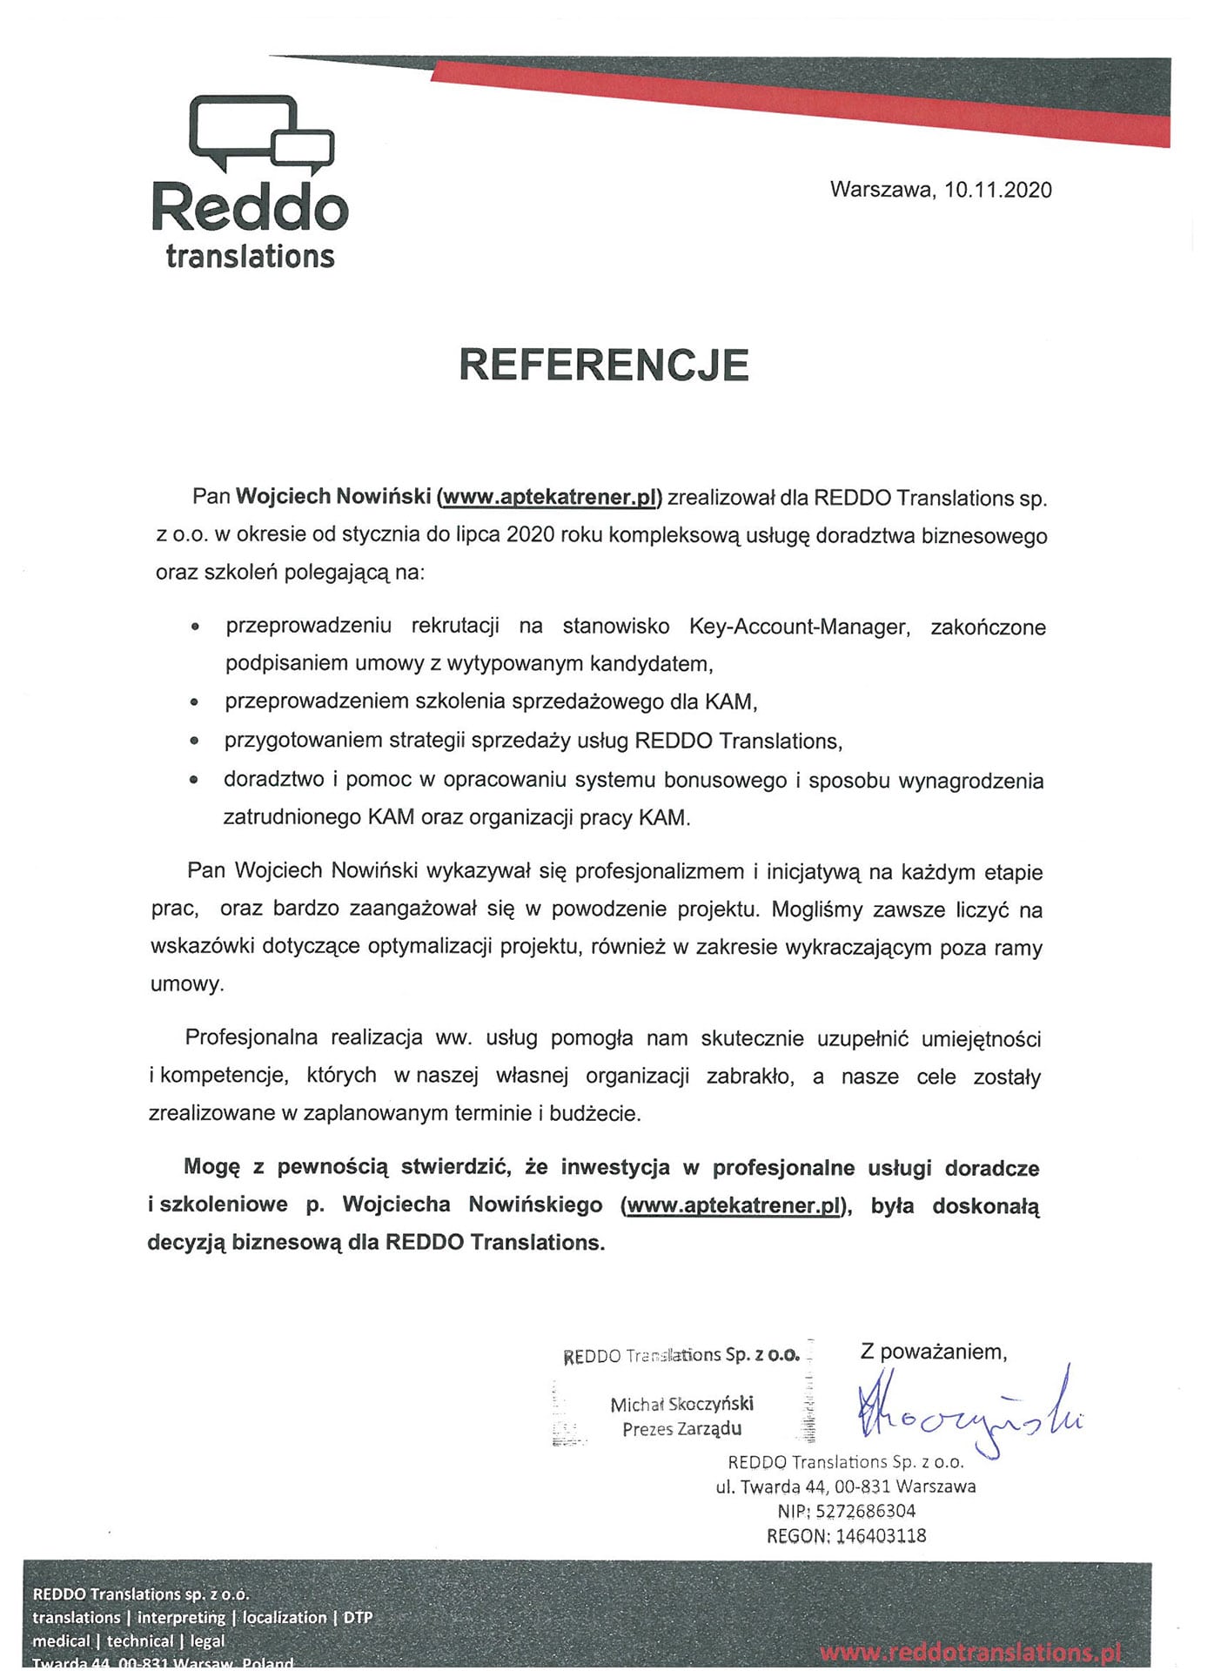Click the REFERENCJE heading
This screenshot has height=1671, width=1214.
tap(604, 365)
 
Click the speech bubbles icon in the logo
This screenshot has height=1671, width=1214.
tap(261, 133)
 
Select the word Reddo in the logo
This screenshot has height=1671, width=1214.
tap(251, 208)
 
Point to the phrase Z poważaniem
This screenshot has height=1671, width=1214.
tap(933, 1351)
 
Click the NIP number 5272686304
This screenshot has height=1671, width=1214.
tap(865, 1511)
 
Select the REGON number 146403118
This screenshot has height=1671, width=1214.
tap(881, 1535)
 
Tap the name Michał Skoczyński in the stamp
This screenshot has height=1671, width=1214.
tap(681, 1404)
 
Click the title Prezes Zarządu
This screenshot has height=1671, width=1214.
tap(681, 1428)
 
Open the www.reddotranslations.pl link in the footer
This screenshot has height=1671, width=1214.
tap(969, 1651)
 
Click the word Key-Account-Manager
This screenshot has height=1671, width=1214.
tap(799, 627)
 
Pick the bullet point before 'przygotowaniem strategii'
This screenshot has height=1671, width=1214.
tap(194, 741)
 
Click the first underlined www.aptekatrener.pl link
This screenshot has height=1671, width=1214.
tap(549, 497)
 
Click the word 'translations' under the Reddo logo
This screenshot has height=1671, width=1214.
tap(251, 257)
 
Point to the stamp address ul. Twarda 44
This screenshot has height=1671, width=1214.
tap(772, 1486)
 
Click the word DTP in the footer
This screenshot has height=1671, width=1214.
tap(358, 1617)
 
